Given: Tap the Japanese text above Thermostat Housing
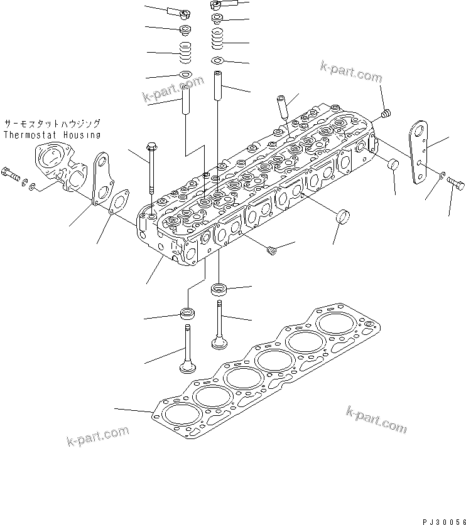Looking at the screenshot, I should tap(51, 124).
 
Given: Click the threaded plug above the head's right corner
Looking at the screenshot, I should tap(387, 114).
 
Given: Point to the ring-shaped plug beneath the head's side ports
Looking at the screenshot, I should tap(343, 217).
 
